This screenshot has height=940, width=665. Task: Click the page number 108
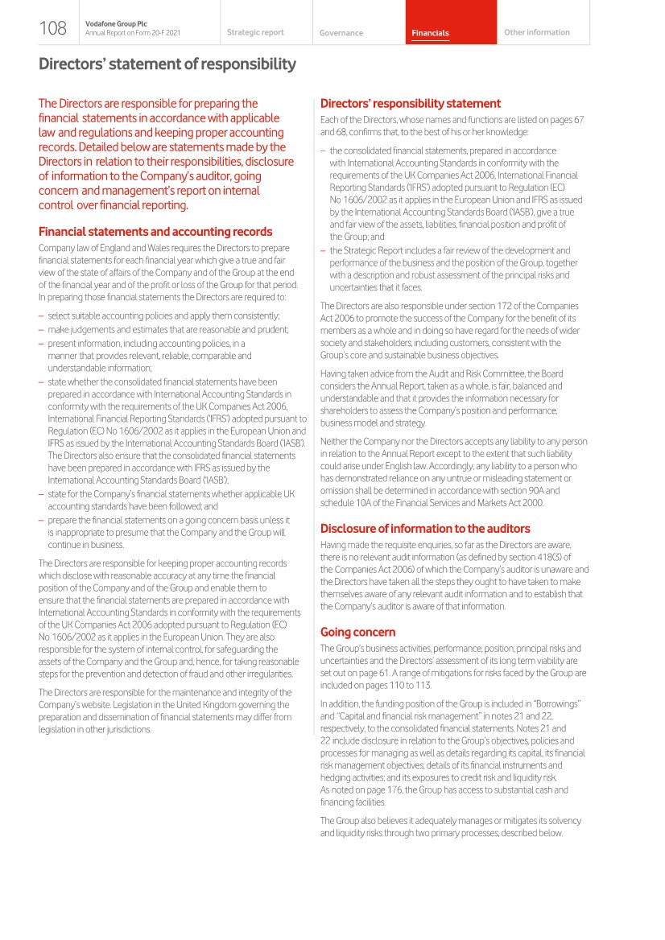point(52,29)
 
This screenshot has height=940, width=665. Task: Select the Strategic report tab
point(255,33)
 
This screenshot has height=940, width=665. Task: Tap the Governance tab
point(341,33)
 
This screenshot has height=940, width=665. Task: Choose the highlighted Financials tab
point(430,33)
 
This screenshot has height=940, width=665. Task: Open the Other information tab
point(536,33)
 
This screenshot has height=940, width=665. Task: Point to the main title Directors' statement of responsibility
point(167,64)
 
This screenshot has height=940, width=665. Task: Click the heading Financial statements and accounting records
point(155,232)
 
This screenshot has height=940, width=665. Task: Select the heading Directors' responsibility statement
point(411,103)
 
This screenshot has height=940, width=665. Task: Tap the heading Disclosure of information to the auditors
point(425,529)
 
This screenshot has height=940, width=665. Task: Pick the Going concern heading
point(358,632)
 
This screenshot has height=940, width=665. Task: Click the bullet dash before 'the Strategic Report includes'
point(323,251)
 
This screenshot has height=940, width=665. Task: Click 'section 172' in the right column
point(503,306)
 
